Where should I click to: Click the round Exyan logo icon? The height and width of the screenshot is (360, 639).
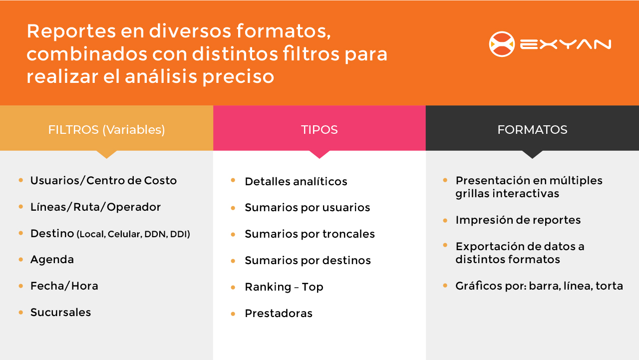(x=502, y=44)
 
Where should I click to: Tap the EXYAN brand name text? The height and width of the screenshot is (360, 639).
(x=566, y=44)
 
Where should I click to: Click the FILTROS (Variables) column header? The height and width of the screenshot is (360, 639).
(x=106, y=130)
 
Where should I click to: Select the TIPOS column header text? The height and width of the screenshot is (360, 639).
(x=319, y=130)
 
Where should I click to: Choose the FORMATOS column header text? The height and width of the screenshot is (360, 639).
(x=532, y=130)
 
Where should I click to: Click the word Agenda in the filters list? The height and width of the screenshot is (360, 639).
(x=52, y=260)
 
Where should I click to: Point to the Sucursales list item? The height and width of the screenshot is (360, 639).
(x=61, y=313)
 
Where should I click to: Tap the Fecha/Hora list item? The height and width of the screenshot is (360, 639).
(x=64, y=286)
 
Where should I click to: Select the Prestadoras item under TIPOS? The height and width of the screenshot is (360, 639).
(x=279, y=313)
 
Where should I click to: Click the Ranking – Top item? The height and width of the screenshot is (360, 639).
(x=284, y=287)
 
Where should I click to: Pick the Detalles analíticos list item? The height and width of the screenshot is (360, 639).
(x=296, y=181)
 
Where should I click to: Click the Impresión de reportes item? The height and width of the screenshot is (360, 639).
(x=518, y=220)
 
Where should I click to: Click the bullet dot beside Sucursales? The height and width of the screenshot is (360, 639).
(x=21, y=313)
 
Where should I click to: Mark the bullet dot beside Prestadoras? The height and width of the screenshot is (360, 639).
(x=233, y=314)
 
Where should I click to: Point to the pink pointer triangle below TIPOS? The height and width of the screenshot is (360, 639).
(x=319, y=154)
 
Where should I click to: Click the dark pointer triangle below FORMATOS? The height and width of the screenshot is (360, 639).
(x=532, y=154)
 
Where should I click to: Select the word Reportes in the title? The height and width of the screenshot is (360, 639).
(x=71, y=31)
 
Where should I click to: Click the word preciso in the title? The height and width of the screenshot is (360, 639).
(x=238, y=77)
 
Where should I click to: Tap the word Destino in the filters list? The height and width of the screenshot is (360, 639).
(x=52, y=233)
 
